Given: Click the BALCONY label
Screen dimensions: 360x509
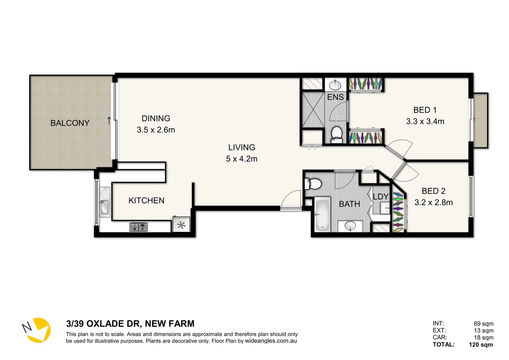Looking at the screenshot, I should (70, 123).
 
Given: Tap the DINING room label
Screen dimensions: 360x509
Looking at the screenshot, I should (156, 118).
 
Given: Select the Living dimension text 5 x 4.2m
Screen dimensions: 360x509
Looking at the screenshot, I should (242, 159).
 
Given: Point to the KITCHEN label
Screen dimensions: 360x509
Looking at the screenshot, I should (146, 200).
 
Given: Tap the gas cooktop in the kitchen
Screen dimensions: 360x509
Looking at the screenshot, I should (139, 227).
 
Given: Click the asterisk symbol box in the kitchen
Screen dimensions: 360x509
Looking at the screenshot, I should (181, 225).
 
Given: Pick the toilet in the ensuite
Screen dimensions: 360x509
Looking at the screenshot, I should (337, 134).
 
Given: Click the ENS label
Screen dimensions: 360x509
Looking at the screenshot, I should (335, 97).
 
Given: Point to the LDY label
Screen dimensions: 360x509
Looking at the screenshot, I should (380, 197).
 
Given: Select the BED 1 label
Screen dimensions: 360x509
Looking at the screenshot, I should (425, 110).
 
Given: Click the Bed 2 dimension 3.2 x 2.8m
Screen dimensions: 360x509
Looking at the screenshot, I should (433, 202).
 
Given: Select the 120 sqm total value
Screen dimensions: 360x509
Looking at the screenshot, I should (481, 345).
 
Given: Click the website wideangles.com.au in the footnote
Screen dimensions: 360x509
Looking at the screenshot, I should (271, 341).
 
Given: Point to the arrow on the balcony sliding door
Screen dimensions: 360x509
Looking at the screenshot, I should (109, 120).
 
